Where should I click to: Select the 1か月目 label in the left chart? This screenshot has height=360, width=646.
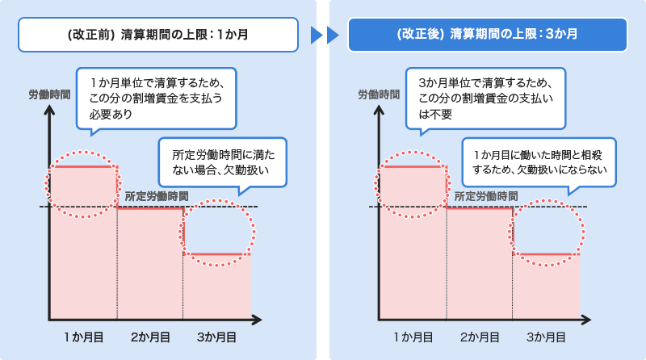pos(83,336)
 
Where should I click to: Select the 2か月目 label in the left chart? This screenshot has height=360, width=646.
pos(150,336)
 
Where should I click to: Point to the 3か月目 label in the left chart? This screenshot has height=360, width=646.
pos(216,336)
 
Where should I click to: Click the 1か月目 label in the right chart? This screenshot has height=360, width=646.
pos(413,336)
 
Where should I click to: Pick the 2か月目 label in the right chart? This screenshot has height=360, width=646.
pos(480,336)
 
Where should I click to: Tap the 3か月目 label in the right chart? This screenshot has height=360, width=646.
pos(546,336)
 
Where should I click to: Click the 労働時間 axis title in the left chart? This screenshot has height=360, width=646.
pos(48,94)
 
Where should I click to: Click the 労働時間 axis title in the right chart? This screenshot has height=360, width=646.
pos(379,94)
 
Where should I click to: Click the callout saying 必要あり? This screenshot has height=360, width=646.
pos(156,98)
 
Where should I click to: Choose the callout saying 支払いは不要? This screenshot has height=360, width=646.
pos(485,98)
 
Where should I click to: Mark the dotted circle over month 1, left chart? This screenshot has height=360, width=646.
pos(85,181)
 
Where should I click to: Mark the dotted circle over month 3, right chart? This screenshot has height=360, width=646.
pos(547,232)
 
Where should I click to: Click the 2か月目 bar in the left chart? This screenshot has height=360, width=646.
pos(150,262)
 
